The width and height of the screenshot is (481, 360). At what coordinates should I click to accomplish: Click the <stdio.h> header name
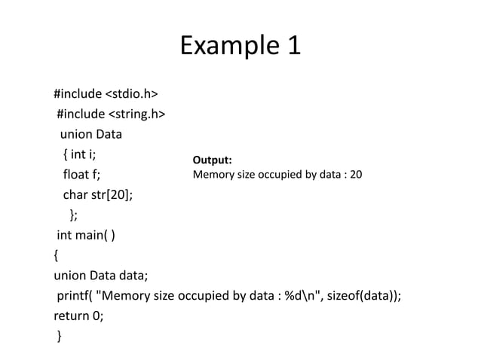point(130,94)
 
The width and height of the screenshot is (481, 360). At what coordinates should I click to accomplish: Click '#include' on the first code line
point(78,94)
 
